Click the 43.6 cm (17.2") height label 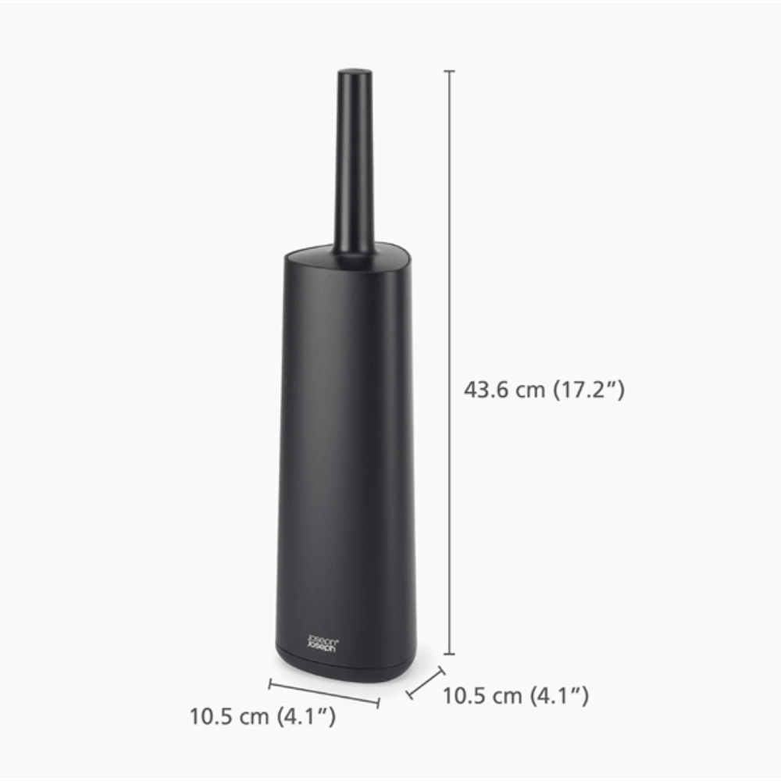click(544, 390)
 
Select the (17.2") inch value click(589, 390)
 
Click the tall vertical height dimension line click(449, 359)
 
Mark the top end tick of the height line click(449, 71)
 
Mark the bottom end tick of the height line click(449, 654)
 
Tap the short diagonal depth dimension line click(426, 683)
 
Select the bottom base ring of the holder click(344, 660)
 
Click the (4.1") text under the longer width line click(307, 715)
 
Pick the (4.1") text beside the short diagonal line click(560, 695)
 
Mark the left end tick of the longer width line click(269, 684)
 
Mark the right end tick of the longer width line click(379, 703)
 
